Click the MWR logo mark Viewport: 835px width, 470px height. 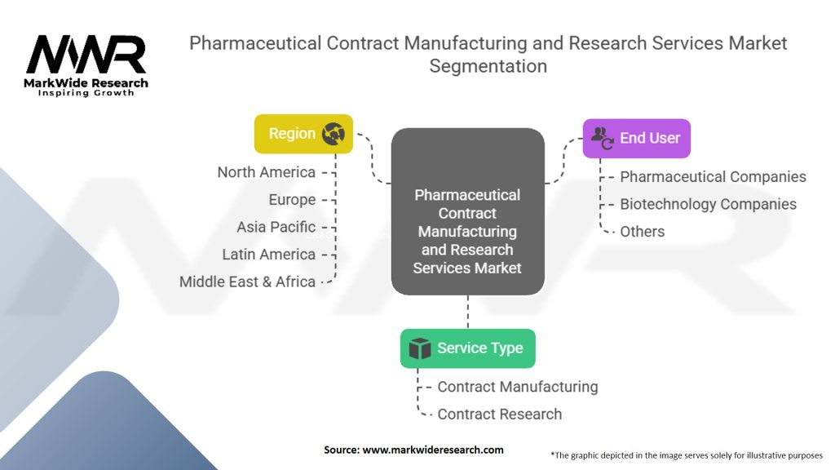tap(86, 55)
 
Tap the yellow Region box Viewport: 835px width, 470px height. tap(303, 134)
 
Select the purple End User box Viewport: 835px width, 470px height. tap(636, 138)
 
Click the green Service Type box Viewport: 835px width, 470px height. tap(467, 348)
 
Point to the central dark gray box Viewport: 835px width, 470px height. tap(467, 212)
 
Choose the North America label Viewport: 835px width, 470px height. tap(266, 172)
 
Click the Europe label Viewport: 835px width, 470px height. tap(292, 200)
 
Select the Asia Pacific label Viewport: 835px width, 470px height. tap(276, 227)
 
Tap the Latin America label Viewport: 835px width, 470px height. tap(268, 255)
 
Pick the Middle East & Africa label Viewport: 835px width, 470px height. tap(247, 282)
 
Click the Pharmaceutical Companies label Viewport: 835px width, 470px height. tap(713, 177)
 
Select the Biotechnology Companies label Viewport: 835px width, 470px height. tap(708, 204)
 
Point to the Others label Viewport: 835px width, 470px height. tap(642, 232)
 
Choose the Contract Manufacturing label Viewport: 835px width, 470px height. tap(517, 387)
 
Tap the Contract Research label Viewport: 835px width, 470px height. tap(499, 415)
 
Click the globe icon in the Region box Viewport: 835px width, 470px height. tap(334, 134)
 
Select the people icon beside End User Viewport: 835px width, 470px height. tap(603, 138)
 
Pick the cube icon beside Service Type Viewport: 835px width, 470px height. tap(419, 349)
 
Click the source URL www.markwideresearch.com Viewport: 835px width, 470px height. tap(432, 450)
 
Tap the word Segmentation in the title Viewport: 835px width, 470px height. tap(488, 66)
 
